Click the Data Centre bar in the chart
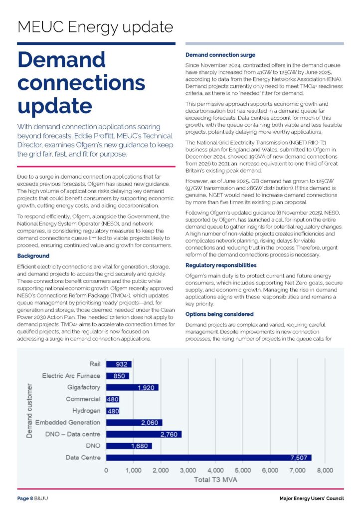[x=208, y=457]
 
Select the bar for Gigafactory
[x=132, y=387]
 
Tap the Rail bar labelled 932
[x=119, y=364]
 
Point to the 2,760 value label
[x=170, y=434]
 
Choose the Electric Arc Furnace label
[x=71, y=375]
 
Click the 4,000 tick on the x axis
[x=215, y=470]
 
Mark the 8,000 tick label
[x=325, y=470]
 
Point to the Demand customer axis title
[x=29, y=411]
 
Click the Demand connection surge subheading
[x=220, y=55]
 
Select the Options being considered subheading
[x=219, y=314]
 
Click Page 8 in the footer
[x=25, y=499]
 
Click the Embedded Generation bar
[x=134, y=422]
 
